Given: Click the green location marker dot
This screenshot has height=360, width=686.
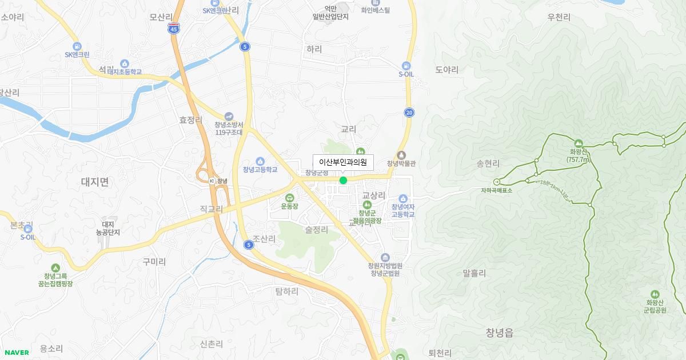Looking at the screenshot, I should coord(343,181).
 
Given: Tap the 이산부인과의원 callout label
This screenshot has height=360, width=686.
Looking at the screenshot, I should coord(343,162).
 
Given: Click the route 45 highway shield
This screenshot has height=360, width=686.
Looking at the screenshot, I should coord(174,28).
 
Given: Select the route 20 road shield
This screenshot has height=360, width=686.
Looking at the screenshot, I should coord(409,113).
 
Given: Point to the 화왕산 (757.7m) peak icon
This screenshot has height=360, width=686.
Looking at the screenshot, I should coord(579,143).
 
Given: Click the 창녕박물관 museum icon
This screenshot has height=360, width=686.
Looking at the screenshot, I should coord(401,155).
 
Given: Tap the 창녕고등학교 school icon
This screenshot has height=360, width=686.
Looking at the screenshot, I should coord(260,161).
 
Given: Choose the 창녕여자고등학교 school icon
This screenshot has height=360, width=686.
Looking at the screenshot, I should coord(403,198).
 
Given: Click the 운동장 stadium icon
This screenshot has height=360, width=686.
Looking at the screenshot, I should coord(289,198).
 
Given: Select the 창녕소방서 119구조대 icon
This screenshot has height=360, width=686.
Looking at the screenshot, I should coord(229,117).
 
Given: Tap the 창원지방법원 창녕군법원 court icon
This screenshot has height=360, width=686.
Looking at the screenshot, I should coord(385,258).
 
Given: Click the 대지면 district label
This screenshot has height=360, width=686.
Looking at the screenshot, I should coord(95,182).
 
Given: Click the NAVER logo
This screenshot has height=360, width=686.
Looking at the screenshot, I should coord(17,353).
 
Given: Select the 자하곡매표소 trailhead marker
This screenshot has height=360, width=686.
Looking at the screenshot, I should coord(496,182).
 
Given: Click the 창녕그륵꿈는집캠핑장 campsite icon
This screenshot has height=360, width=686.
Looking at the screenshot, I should coord(55,267).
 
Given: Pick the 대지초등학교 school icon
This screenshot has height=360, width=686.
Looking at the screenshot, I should coord(125,63).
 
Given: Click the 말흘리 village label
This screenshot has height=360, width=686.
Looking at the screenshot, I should coord(474,273).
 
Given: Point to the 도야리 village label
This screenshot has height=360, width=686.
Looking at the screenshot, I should coord(447,70).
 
